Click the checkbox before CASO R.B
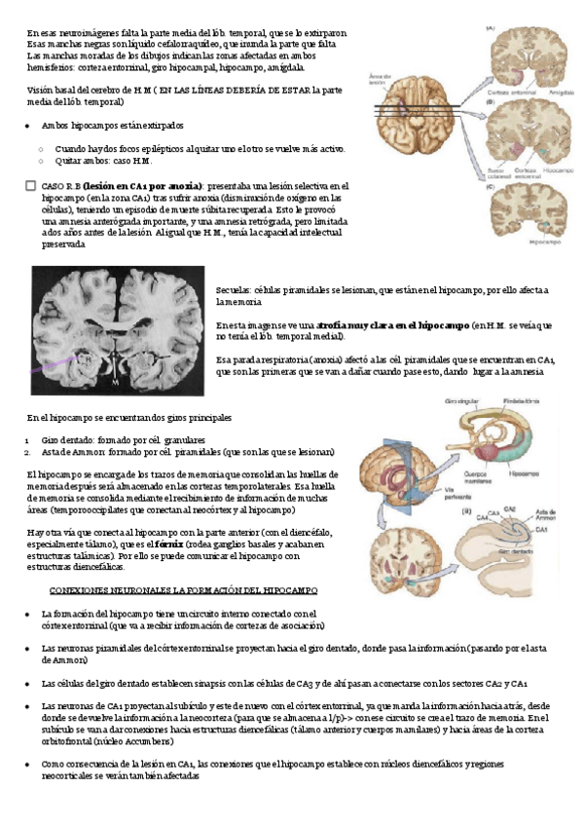[32, 184]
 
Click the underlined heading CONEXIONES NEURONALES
[177, 591]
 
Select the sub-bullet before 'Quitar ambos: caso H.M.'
[40, 160]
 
